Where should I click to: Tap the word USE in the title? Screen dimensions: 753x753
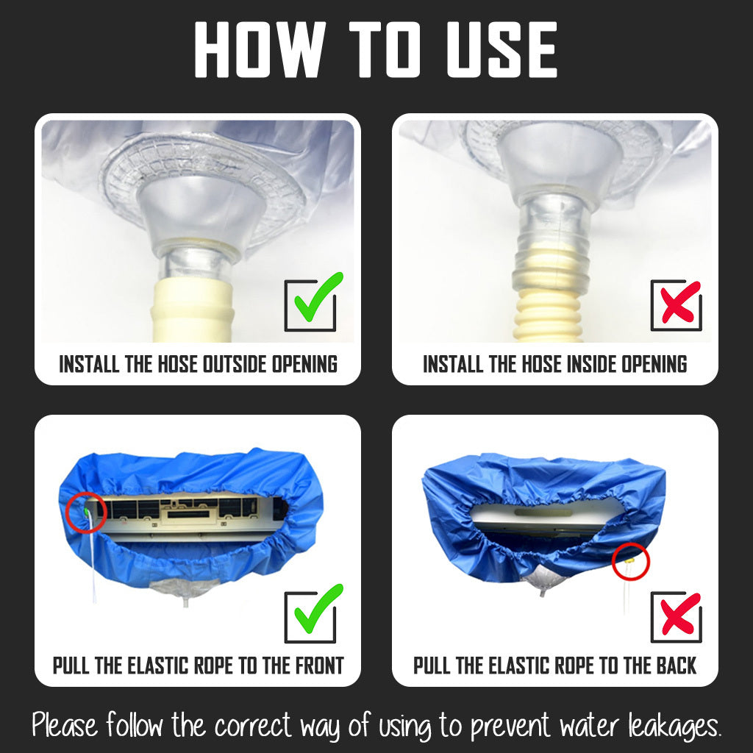pyautogui.click(x=502, y=49)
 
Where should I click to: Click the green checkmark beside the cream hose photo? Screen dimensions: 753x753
pyautogui.click(x=318, y=297)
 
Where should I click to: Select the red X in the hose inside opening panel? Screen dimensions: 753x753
pyautogui.click(x=680, y=302)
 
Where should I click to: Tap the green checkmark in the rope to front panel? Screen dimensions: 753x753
pyautogui.click(x=318, y=608)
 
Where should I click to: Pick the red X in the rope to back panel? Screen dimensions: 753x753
pyautogui.click(x=680, y=614)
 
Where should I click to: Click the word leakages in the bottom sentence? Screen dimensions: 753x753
pyautogui.click(x=675, y=726)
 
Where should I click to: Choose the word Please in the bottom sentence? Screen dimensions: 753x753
pyautogui.click(x=65, y=724)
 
